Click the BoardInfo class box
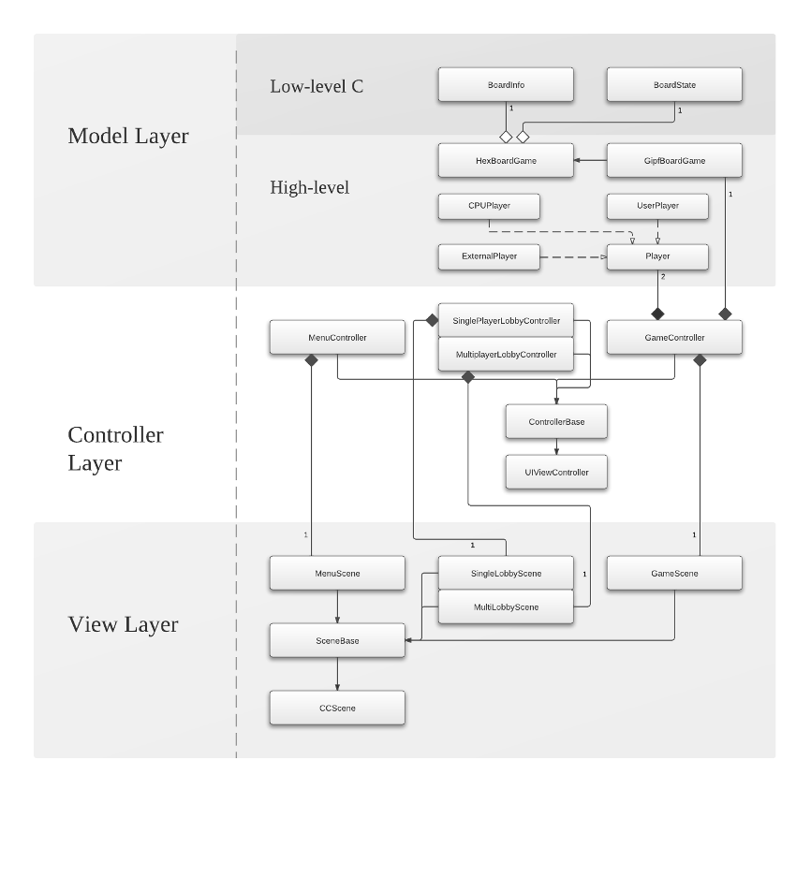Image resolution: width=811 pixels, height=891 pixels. [506, 85]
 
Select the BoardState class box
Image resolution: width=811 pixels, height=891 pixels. [674, 85]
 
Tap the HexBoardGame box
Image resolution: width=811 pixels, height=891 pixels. [506, 161]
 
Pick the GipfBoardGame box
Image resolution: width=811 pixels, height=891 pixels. [674, 161]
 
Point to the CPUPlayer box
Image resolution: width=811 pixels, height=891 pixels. [489, 206]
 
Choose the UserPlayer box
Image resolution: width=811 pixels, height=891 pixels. [657, 206]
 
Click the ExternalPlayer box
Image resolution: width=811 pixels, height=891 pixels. [489, 256]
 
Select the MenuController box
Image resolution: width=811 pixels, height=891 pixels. [337, 338]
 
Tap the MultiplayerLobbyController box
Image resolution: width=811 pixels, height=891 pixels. [506, 355]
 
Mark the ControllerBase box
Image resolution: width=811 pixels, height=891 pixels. [556, 422]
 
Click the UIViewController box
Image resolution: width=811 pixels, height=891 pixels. [556, 473]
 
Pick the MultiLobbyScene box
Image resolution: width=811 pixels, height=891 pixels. [506, 607]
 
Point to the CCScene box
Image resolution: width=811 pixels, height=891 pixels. [337, 708]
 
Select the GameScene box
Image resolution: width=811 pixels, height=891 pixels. [674, 574]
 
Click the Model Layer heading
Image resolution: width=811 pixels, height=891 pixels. [128, 136]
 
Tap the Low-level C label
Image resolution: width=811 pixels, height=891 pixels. [317, 86]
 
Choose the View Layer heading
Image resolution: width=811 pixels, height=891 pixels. [123, 624]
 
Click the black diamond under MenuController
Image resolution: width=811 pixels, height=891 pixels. [311, 360]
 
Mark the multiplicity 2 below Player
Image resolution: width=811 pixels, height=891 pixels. [663, 277]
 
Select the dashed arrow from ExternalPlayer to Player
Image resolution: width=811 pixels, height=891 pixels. [573, 256]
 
